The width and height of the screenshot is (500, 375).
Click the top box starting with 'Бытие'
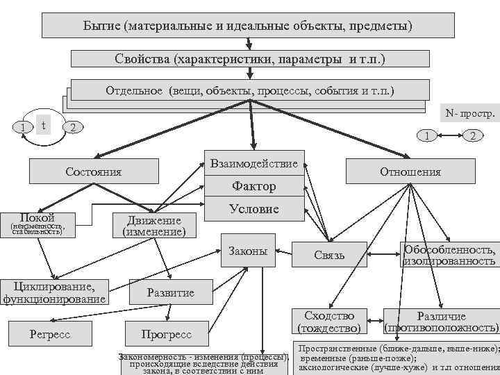[x=249, y=25]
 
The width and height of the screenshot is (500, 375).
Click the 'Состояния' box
[x=93, y=172]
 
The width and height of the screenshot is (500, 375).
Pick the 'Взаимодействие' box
[x=253, y=164]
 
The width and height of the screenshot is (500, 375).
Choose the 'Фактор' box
[x=253, y=186]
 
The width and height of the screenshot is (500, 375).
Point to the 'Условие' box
[x=253, y=208]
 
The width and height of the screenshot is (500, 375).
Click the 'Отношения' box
[x=410, y=172]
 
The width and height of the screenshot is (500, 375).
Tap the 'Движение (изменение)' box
[x=153, y=226]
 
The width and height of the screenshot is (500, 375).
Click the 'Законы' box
[x=248, y=251]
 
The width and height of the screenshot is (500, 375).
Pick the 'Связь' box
[x=329, y=255]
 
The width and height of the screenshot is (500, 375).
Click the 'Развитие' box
[x=170, y=292]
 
